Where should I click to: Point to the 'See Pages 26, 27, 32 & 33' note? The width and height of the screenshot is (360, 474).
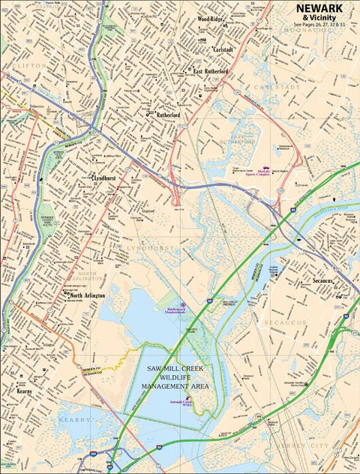(x=319, y=25)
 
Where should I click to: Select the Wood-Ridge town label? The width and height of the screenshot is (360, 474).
(x=211, y=19)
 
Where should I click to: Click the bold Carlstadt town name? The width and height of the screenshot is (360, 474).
(x=223, y=49)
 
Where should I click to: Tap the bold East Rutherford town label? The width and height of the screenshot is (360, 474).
(x=211, y=71)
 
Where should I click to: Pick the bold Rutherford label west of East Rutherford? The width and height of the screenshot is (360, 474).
(x=168, y=115)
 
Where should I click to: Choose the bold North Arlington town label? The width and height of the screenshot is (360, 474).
(x=87, y=296)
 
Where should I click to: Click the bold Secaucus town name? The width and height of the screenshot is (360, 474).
(x=328, y=281)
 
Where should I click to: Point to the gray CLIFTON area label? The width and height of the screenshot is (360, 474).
(x=28, y=66)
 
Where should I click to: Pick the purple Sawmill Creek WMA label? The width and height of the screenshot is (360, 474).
(x=184, y=403)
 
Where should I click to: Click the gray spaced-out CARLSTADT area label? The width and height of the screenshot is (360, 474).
(x=277, y=87)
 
